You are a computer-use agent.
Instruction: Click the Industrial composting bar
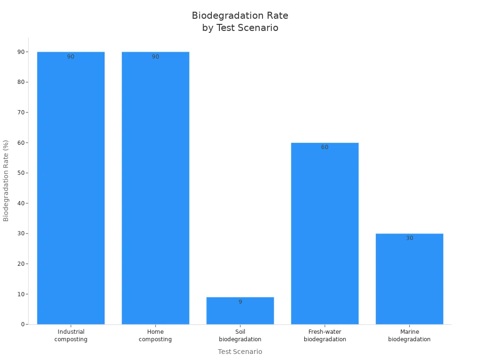[x=71, y=187]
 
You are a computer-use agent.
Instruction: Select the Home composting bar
[x=155, y=187]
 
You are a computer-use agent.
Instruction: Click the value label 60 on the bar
[x=325, y=147]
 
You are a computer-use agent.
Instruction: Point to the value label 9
[x=240, y=302]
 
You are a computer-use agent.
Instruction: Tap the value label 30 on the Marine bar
[x=409, y=238]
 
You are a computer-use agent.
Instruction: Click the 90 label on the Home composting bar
[x=155, y=57]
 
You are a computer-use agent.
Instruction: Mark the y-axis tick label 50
[x=21, y=173]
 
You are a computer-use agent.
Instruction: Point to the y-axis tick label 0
[x=22, y=324]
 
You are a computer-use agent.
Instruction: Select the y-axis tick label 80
[x=21, y=82]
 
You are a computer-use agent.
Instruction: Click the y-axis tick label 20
[x=21, y=264]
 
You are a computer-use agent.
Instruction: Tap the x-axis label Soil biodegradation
[x=240, y=336]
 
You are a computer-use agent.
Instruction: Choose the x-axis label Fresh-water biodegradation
[x=325, y=336]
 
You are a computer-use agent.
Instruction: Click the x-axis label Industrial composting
[x=71, y=336]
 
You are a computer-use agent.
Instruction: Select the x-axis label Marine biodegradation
[x=409, y=336]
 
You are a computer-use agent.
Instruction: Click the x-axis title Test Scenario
[x=240, y=352]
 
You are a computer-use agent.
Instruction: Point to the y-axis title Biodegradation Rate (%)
[x=6, y=180]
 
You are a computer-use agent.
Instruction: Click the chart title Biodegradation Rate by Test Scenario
[x=240, y=22]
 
